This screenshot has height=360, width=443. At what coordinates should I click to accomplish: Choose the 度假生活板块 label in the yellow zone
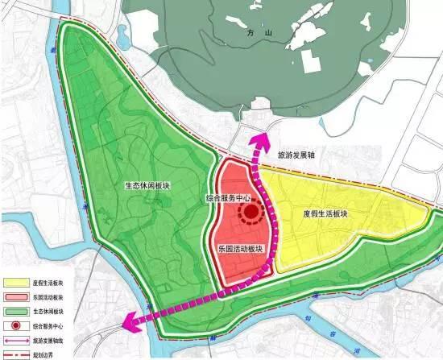(x=325, y=214)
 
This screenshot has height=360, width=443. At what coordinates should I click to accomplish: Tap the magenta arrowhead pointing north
(x=260, y=139)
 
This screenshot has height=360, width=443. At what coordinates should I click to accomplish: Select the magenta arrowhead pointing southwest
(x=127, y=325)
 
